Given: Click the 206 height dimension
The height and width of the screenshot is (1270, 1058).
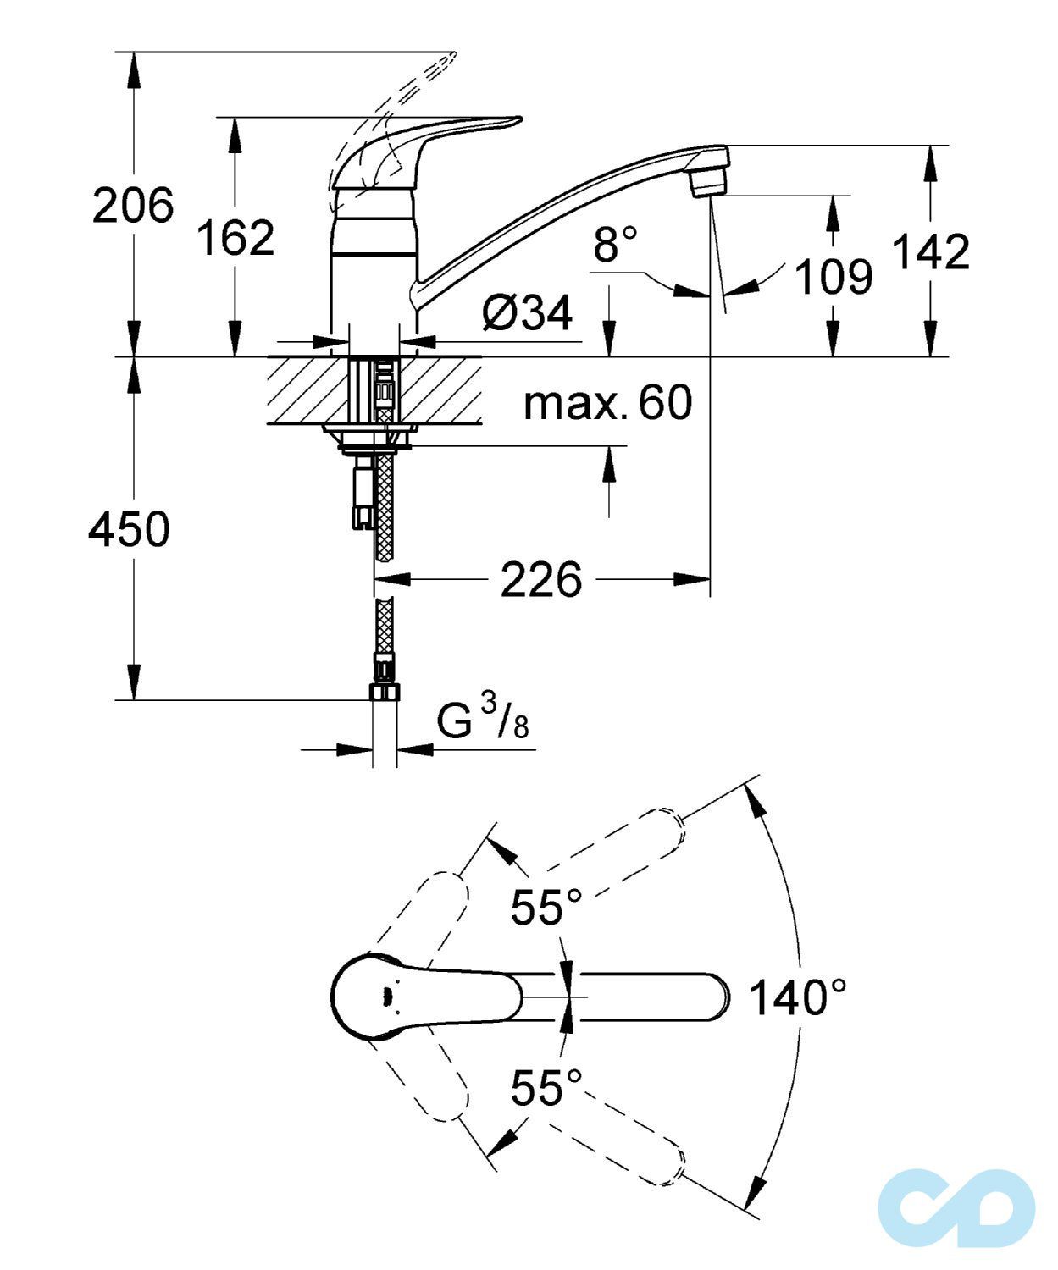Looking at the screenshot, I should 133,205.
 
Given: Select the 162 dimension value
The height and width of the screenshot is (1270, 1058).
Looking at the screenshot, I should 235,238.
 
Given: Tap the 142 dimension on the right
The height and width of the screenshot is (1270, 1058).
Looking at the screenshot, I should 932,251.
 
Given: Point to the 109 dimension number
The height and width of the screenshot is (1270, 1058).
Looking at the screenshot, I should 834,277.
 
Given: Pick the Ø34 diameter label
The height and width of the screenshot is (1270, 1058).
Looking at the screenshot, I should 527,314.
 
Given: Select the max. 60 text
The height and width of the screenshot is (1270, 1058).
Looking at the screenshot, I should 607,403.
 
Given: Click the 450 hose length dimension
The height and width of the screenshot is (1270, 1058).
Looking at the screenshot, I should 129,529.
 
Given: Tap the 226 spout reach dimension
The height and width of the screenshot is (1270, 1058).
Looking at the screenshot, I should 541,580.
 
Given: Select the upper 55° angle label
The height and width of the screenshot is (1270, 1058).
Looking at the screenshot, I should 546,908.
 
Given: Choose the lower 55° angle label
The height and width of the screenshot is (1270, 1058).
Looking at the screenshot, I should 546,1088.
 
